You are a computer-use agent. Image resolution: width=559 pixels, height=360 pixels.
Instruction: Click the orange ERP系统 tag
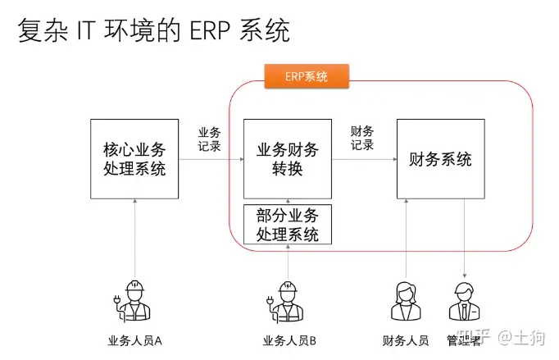coord(306,77)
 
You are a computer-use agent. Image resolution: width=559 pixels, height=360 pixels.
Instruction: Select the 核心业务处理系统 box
coord(134,159)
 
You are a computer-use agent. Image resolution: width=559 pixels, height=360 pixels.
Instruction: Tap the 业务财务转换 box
coord(288,159)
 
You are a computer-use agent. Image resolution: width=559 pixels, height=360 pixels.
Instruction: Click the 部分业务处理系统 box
coord(288,223)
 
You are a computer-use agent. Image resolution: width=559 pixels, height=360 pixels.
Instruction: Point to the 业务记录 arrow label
coord(209,139)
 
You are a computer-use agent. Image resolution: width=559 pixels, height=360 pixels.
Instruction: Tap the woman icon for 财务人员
coord(407,301)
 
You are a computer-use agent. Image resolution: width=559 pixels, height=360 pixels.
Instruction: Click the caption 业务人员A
coord(134,340)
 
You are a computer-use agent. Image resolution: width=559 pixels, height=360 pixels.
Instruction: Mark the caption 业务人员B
coord(289,340)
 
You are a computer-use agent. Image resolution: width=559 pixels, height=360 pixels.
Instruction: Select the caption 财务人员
coord(406,340)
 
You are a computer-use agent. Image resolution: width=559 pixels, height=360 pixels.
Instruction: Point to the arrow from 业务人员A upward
coord(134,238)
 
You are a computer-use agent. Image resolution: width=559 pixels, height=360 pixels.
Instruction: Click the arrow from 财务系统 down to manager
coord(465,238)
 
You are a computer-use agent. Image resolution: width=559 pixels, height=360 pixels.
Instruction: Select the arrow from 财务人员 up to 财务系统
coord(407,238)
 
